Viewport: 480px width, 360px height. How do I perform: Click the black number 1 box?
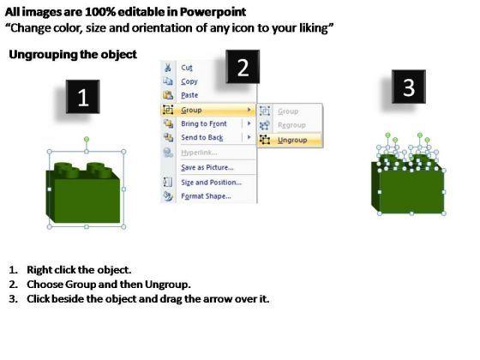(82, 97)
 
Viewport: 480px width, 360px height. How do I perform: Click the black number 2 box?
(243, 67)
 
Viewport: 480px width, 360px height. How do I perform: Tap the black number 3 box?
(409, 87)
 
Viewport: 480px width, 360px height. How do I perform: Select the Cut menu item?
(187, 68)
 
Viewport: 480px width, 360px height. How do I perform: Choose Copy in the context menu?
(189, 81)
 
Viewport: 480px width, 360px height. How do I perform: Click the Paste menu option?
(189, 95)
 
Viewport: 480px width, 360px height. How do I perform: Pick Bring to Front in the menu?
(204, 123)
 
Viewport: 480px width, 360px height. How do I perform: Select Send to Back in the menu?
(202, 137)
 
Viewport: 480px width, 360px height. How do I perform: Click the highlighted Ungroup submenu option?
(292, 141)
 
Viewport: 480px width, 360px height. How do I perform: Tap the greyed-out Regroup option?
(291, 125)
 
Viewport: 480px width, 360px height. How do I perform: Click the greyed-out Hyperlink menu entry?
(199, 153)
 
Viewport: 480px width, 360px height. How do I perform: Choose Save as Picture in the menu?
(207, 167)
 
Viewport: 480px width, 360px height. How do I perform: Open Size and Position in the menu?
(211, 183)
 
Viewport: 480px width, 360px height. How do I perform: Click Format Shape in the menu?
(206, 196)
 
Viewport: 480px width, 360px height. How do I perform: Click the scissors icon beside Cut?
(168, 68)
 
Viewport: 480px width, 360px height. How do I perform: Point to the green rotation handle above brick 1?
(87, 140)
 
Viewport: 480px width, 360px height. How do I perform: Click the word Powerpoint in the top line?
(213, 12)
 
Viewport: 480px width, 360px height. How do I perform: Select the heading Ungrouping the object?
(73, 55)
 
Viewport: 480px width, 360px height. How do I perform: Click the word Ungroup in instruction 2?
(166, 285)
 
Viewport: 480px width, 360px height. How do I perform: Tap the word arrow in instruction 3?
(217, 299)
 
